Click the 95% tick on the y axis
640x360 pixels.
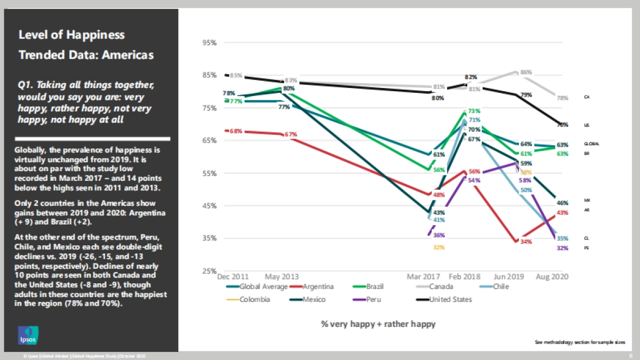pyautogui.click(x=209, y=43)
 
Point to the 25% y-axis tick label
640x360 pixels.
pyautogui.click(x=209, y=271)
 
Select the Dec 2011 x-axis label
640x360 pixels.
pyautogui.click(x=233, y=277)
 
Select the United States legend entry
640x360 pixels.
pyautogui.click(x=450, y=299)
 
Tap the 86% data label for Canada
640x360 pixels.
pyautogui.click(x=526, y=72)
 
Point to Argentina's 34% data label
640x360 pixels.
pyautogui.click(x=526, y=242)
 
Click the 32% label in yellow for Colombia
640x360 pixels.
pyautogui.click(x=438, y=247)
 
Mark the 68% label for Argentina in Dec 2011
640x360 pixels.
pyautogui.click(x=236, y=131)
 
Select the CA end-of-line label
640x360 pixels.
pyautogui.click(x=587, y=98)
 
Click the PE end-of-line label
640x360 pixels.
pyautogui.click(x=587, y=248)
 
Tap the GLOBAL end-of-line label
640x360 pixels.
pyautogui.click(x=591, y=144)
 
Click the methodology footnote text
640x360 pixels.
pyautogui.click(x=580, y=342)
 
